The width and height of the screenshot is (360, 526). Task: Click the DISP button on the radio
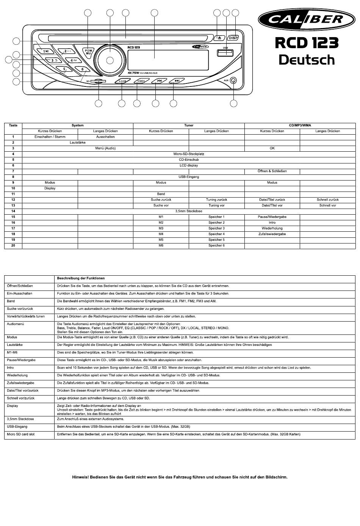(x=233, y=38)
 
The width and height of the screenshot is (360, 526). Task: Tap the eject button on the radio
(x=220, y=38)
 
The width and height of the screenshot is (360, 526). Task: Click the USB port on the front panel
(x=225, y=53)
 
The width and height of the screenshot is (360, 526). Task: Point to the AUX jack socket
(x=233, y=80)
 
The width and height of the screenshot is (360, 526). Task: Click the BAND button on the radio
(x=122, y=81)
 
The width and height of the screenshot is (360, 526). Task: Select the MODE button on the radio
(x=141, y=81)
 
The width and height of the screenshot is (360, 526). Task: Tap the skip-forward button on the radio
(x=177, y=81)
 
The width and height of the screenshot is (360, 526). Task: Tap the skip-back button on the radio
(x=159, y=81)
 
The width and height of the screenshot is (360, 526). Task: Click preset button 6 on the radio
(x=82, y=69)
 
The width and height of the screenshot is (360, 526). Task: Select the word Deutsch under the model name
(x=307, y=60)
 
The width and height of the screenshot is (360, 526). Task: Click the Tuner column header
(x=189, y=125)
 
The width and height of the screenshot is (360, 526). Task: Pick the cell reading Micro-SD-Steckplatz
(x=189, y=154)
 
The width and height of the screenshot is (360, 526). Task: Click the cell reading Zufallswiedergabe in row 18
(x=272, y=234)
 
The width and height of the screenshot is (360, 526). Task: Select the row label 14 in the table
(x=13, y=211)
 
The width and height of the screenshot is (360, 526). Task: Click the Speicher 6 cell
(x=216, y=245)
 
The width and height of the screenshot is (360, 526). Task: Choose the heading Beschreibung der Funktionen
(x=81, y=278)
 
